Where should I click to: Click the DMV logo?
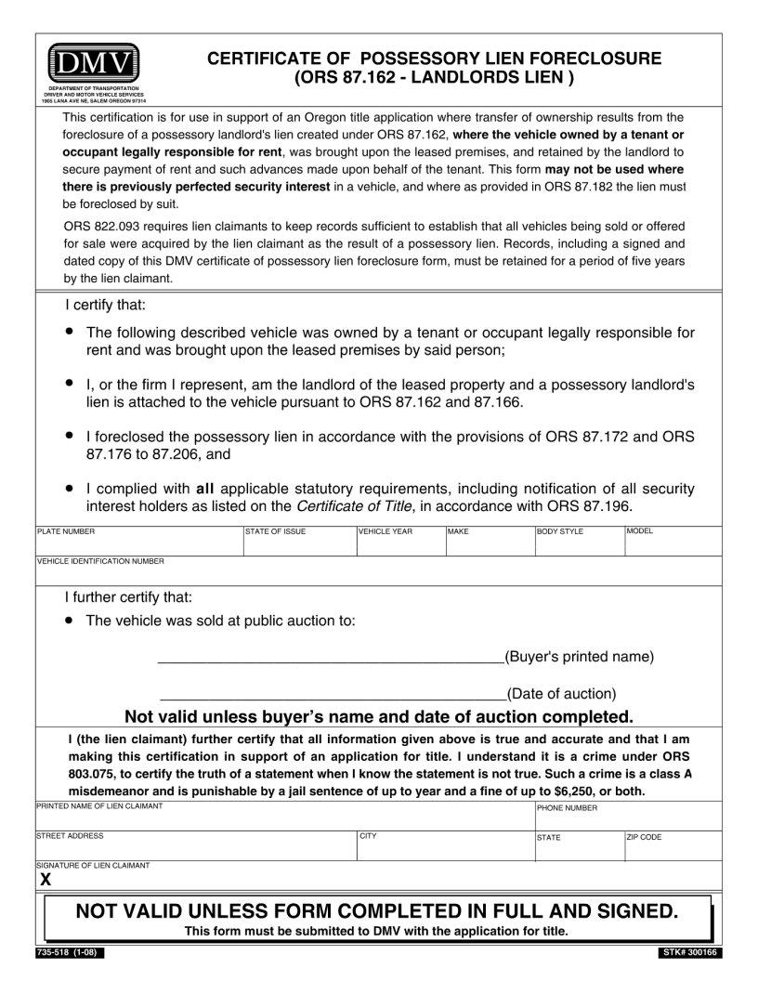94,63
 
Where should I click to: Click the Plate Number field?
138,544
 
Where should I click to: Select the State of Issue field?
299,544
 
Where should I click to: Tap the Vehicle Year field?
399,544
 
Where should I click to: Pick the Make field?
489,544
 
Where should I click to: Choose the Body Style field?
578,544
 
